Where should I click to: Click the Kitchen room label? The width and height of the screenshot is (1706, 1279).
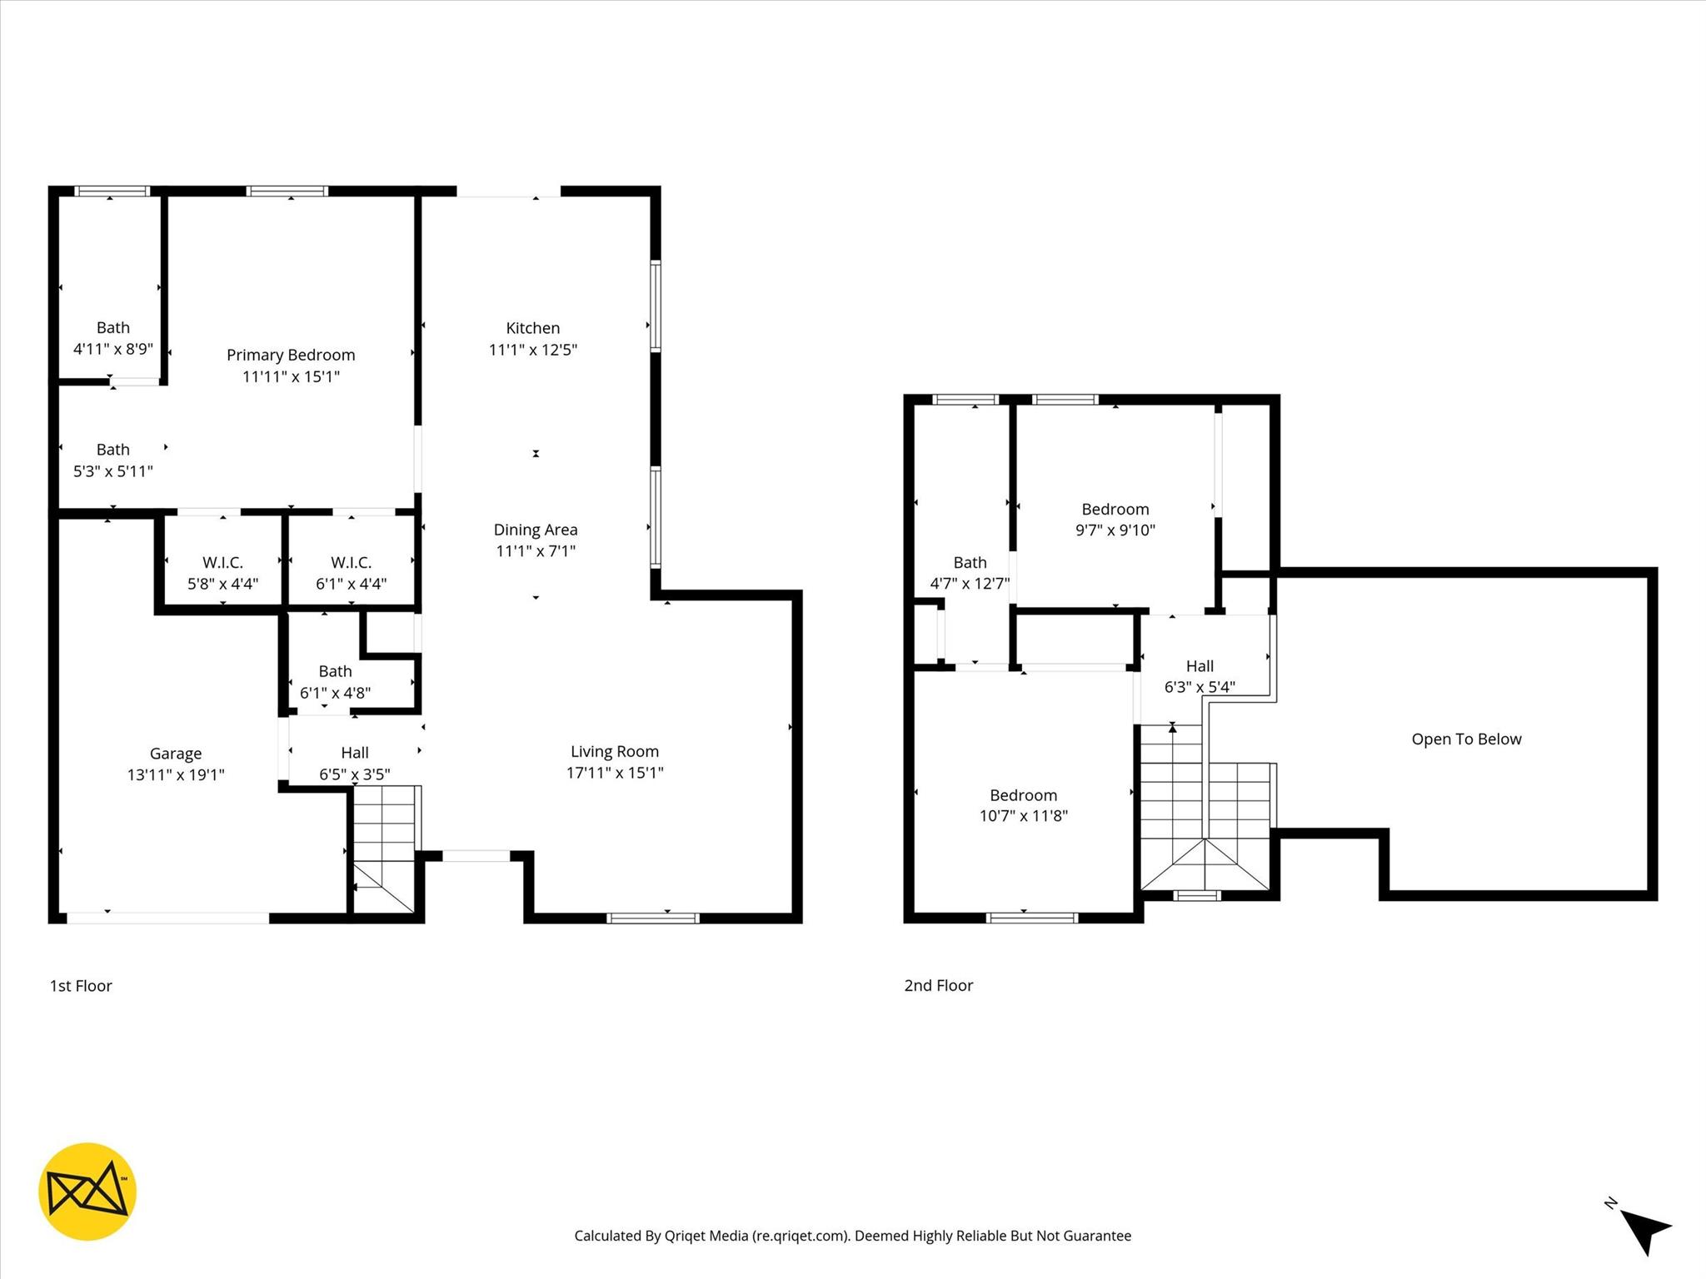[532, 328]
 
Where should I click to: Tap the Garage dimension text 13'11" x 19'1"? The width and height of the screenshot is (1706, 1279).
[176, 774]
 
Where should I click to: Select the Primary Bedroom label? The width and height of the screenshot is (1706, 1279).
[291, 355]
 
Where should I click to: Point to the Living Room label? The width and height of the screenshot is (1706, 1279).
[615, 751]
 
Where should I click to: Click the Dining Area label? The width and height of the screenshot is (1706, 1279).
[535, 530]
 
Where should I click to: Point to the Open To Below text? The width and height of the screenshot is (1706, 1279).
[1466, 739]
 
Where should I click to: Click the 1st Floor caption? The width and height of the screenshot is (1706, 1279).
[81, 985]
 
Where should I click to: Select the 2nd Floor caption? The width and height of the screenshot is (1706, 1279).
[939, 985]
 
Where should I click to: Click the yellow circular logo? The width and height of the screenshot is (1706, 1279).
[87, 1192]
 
